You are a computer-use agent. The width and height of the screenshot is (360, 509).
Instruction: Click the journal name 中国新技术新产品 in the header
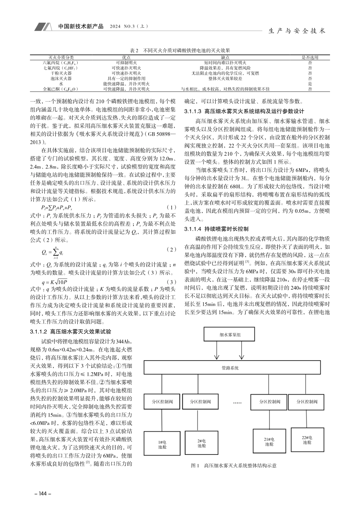click(x=81, y=27)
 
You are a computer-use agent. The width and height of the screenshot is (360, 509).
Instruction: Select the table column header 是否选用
click(x=310, y=58)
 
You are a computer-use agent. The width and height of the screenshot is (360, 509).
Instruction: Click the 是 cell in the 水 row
click(x=310, y=84)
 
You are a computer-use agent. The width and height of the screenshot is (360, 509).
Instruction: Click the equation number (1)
click(x=172, y=208)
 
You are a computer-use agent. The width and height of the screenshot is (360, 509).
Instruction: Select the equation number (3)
click(x=172, y=282)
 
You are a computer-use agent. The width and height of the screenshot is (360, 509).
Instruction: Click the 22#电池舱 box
click(x=307, y=440)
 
